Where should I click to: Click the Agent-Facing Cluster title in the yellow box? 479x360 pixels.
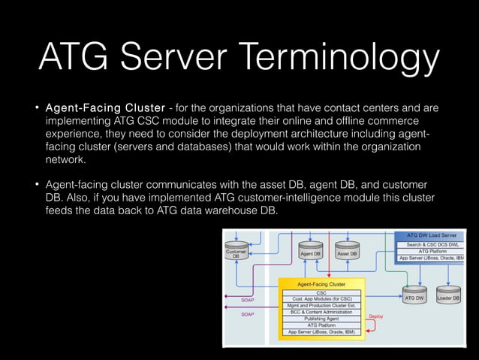(321, 285)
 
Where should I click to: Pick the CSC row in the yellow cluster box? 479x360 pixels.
(322, 293)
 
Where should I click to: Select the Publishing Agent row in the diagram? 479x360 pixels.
(322, 318)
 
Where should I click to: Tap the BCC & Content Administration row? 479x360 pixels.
(322, 312)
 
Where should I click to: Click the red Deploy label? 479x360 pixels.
(375, 316)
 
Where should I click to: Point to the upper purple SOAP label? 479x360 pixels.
(248, 299)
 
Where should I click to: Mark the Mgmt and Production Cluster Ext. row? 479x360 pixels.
(322, 305)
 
